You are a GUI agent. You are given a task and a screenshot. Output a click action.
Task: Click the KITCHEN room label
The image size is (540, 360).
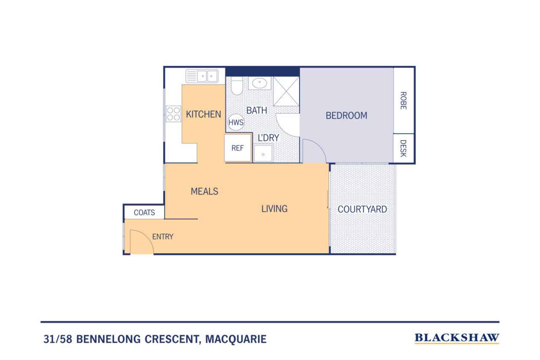[x=203, y=114]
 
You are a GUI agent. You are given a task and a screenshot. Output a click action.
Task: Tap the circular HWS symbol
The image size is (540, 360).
[x=236, y=122]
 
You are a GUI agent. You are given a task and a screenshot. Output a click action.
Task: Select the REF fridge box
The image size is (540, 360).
[x=238, y=148]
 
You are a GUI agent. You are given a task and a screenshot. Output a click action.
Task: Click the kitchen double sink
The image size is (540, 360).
[x=202, y=76]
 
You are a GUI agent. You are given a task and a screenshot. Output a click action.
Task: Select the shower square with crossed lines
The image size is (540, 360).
[x=286, y=91]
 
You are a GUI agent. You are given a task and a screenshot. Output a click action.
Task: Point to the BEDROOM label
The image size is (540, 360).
[x=346, y=115]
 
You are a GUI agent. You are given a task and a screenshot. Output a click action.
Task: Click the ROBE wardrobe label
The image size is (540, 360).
[x=403, y=101]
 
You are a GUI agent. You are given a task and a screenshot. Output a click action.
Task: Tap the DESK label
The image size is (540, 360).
[x=403, y=148]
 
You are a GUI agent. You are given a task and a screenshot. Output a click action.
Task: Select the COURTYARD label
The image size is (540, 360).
[x=362, y=209]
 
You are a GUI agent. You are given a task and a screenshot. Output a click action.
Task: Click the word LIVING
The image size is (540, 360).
[x=274, y=208]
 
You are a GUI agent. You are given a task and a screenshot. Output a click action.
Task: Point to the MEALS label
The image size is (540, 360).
[x=204, y=191]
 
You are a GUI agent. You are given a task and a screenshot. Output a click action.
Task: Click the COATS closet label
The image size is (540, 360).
[x=144, y=212]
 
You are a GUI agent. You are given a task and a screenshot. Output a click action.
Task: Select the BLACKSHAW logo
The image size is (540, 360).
[x=457, y=338]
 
